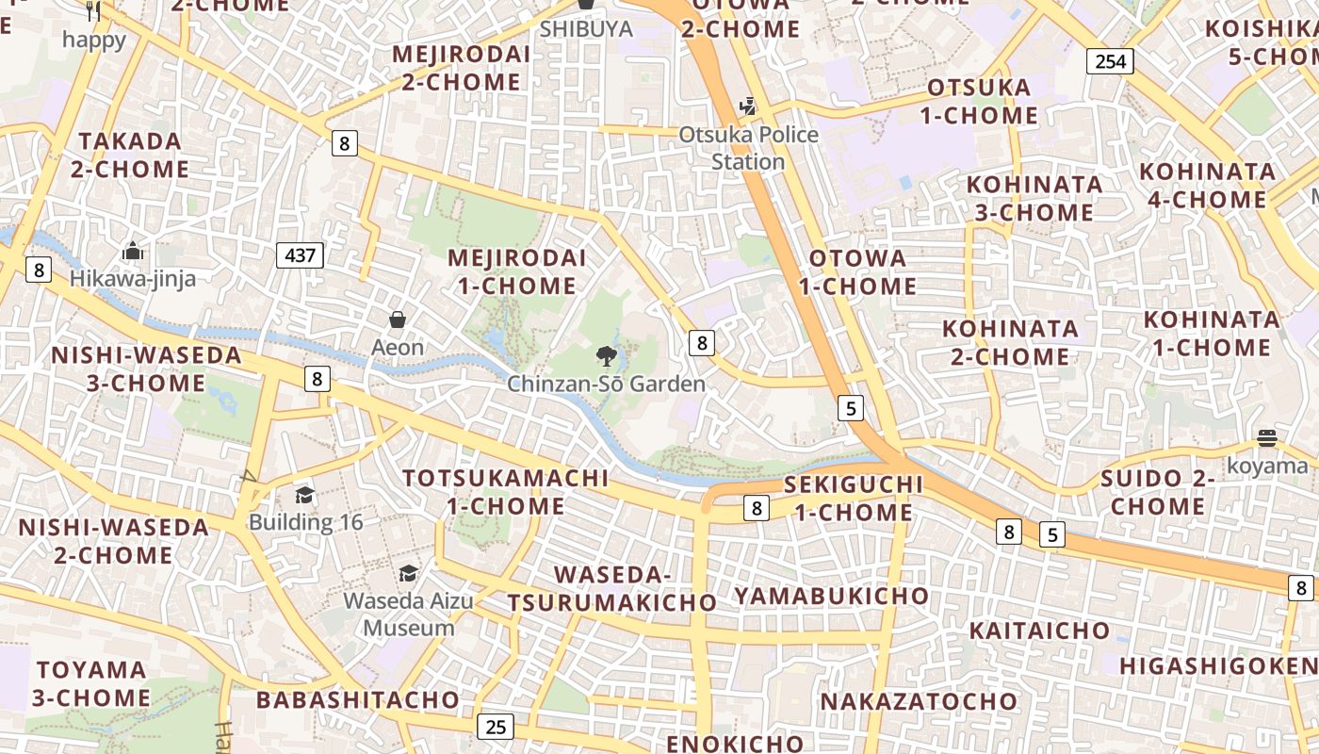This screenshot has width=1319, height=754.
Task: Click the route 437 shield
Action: [301, 254]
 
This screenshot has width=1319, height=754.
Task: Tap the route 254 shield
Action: [1110, 61]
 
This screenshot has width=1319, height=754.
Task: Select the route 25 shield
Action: [496, 727]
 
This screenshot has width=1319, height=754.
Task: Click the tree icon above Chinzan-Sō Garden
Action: [607, 356]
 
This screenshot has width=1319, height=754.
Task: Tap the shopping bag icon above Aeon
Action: [398, 320]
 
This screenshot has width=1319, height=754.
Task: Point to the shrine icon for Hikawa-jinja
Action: [133, 252]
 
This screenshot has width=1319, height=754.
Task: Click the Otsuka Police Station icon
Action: [748, 107]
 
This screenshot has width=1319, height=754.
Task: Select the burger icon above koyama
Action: [1267, 438]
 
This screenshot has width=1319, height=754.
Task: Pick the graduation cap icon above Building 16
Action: [304, 495]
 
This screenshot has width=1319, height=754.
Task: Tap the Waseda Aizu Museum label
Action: [409, 614]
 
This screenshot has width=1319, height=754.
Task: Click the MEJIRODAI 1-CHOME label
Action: [516, 271]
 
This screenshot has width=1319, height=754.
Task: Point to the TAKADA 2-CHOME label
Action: [130, 156]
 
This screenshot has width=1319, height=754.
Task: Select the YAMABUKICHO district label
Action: [831, 596]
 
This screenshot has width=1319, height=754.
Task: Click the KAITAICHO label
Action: [1039, 630]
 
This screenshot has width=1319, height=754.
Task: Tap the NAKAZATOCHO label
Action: [919, 701]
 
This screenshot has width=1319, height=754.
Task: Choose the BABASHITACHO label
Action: [357, 700]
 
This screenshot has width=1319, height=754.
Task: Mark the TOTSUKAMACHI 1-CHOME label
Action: [506, 492]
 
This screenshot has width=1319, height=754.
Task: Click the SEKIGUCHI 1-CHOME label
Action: [854, 499]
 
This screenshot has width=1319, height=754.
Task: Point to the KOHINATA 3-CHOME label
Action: [1034, 198]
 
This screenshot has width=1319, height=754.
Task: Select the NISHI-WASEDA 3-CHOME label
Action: [146, 369]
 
